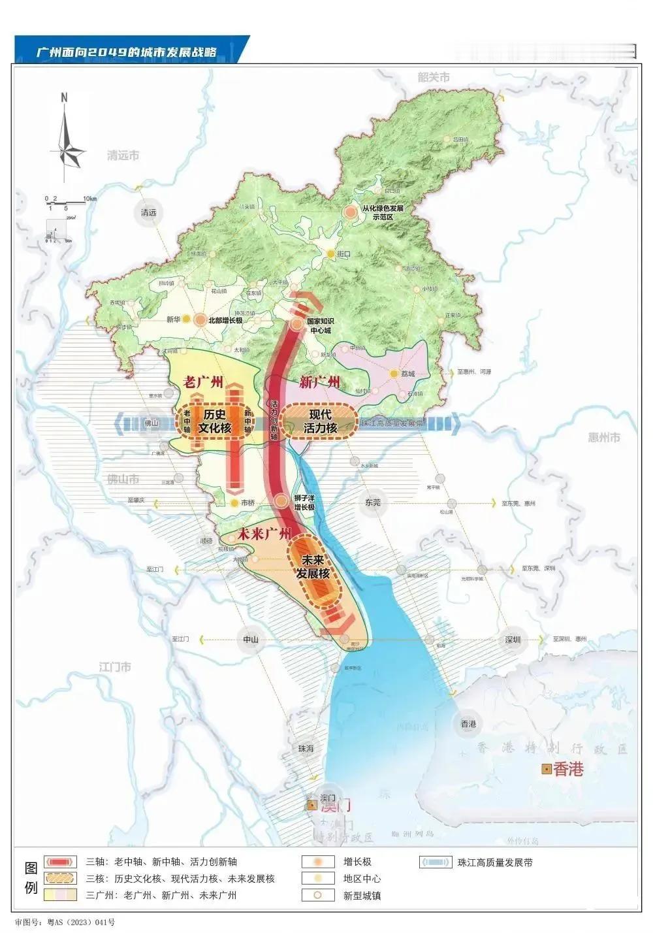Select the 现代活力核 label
(321, 421)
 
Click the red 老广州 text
(204, 382)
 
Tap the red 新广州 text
(320, 382)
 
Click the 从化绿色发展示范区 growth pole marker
(351, 212)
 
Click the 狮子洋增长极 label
(304, 502)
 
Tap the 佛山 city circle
(151, 423)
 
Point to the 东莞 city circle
(373, 502)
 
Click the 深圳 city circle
(513, 640)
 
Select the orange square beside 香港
(545, 770)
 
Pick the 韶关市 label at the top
(434, 77)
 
